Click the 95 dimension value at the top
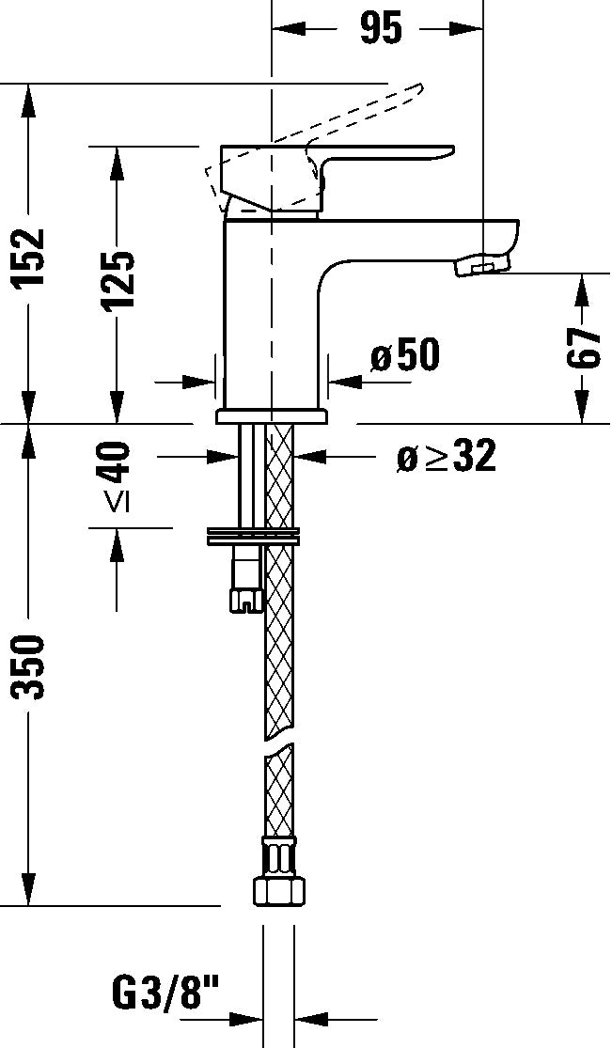pyautogui.click(x=381, y=29)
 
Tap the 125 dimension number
pyautogui.click(x=118, y=280)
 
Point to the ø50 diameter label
pyautogui.click(x=404, y=356)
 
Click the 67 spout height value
pyautogui.click(x=585, y=347)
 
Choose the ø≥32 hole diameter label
pyautogui.click(x=446, y=458)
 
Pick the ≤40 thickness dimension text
pyautogui.click(x=117, y=476)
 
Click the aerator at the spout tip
pyautogui.click(x=480, y=266)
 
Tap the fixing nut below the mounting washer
pyautogui.click(x=245, y=583)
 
